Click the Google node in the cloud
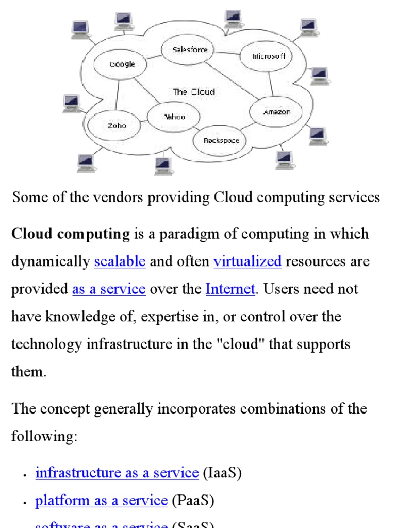tap(122, 64)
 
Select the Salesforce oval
tap(190, 49)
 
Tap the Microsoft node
tap(269, 56)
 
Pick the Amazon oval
tap(276, 112)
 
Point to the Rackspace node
tap(221, 140)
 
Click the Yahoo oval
tap(174, 117)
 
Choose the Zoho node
tap(117, 125)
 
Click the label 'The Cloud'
tap(193, 92)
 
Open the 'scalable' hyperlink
tap(120, 261)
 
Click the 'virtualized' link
tap(247, 261)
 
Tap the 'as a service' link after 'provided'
tap(109, 289)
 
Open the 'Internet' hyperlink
tap(230, 289)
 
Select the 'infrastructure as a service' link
tap(117, 473)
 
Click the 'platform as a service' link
tap(102, 500)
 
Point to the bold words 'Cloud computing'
tap(71, 234)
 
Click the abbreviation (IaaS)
tap(222, 473)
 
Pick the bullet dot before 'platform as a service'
tap(25, 502)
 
